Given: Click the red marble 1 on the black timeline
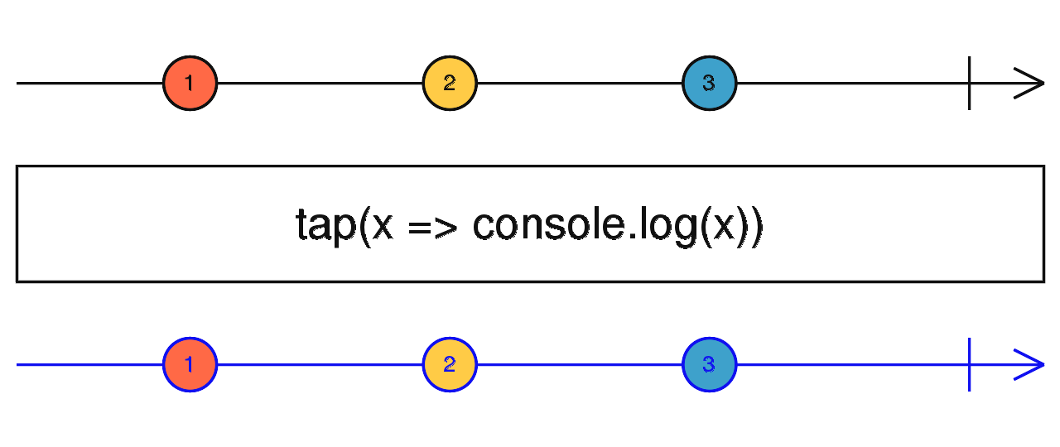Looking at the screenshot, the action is point(190,84).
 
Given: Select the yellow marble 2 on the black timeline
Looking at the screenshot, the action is point(450,84).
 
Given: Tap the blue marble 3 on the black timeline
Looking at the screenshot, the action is point(710,84).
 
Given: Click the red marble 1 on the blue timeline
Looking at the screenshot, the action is point(190,365).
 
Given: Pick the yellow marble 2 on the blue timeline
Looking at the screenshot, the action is point(450,365).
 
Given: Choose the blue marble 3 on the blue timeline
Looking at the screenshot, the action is point(710,365).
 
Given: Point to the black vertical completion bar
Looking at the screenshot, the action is point(970,84).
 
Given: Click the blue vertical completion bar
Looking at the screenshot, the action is point(970,365).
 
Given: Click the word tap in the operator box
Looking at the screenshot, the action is point(326,227).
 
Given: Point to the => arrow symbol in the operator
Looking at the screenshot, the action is point(432,228).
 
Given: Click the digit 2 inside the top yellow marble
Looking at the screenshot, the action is point(450,84).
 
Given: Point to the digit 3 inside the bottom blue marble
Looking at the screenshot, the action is point(709,365).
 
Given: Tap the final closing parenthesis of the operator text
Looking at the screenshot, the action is point(757,227).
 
